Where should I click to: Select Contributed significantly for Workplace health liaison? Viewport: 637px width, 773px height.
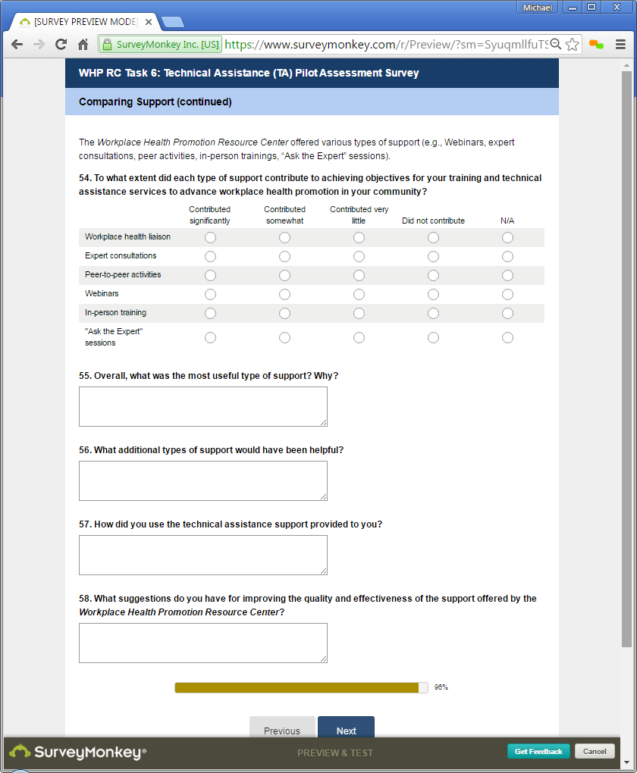coord(210,238)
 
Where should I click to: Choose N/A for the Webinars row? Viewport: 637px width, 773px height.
coord(507,295)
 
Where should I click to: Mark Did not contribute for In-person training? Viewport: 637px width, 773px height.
coord(433,314)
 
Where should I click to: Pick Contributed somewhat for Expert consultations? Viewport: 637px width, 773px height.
coord(284,257)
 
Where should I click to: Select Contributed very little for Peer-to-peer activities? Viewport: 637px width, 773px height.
coord(359,276)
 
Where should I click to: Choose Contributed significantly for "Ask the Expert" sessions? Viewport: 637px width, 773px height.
coord(210,337)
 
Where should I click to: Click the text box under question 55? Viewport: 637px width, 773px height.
coord(202,406)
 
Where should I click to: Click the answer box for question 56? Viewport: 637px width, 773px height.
coord(202,480)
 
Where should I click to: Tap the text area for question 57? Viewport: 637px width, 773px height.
coord(202,555)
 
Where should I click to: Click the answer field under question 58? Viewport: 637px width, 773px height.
coord(202,643)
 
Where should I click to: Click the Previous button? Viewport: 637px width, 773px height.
coord(282,731)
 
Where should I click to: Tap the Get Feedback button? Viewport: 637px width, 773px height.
coord(538,751)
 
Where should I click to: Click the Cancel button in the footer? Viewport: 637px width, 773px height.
coord(595,751)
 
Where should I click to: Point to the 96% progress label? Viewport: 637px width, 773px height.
coord(441,687)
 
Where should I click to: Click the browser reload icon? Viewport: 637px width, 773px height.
coord(61,45)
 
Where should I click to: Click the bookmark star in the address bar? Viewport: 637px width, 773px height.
coord(573,45)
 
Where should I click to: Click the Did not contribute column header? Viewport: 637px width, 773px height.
coord(433,221)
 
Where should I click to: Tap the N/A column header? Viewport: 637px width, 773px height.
coord(507,221)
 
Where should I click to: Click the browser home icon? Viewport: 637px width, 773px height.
coord(83,45)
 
